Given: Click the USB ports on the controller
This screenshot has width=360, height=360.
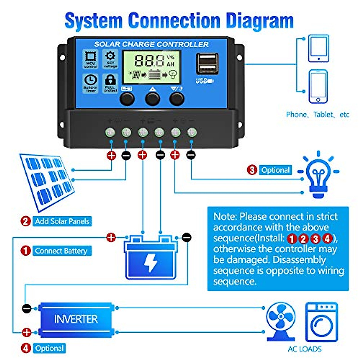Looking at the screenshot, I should pos(207,64).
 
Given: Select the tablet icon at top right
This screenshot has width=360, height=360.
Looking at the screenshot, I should pos(319,48).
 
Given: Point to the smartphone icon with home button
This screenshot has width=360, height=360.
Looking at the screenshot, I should pos(318,87).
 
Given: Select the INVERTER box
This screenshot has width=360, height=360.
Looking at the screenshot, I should pos(76,319).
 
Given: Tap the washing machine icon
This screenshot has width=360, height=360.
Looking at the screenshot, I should pos(321,322).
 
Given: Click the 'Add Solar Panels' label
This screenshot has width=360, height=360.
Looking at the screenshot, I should pos(62,221).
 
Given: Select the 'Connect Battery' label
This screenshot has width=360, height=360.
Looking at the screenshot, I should pos(61,251).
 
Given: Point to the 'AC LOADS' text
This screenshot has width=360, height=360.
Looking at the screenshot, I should pos(304,349).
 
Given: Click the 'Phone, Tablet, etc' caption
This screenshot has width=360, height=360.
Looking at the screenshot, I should pos(317,115).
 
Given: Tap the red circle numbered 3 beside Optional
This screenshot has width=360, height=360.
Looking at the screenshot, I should pos(252,170).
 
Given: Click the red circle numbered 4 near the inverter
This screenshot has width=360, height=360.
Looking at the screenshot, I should pos(26,348).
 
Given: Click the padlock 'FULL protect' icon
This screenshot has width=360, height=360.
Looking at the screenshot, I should pos(110,83).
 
